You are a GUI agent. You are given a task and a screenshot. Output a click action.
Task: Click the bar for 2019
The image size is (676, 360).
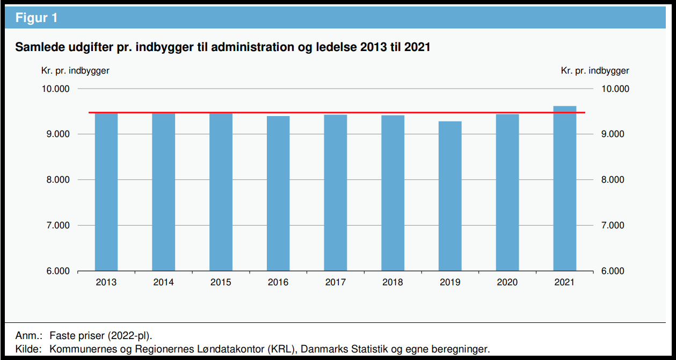(450, 196)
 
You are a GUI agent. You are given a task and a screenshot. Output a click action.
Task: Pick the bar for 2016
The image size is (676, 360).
(278, 193)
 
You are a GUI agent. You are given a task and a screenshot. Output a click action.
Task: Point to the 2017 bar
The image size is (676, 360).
(336, 193)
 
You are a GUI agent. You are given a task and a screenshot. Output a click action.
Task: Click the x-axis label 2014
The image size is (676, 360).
(163, 282)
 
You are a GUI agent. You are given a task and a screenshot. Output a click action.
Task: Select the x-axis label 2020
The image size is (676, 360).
(507, 282)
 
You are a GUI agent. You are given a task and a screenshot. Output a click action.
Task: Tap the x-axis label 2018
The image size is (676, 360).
(392, 282)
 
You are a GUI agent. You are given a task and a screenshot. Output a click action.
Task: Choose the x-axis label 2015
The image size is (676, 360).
(221, 282)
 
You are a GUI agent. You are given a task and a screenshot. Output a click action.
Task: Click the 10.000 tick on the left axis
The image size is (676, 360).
(55, 89)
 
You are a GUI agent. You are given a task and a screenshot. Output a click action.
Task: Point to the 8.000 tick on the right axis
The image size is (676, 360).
(613, 180)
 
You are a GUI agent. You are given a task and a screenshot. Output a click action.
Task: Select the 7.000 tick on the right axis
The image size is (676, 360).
(613, 226)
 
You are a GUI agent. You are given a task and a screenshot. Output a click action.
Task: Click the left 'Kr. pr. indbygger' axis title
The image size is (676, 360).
(75, 70)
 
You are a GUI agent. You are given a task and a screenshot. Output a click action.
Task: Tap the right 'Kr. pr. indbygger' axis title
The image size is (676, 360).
(595, 70)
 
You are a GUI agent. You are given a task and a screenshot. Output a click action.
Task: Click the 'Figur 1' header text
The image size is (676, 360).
(36, 18)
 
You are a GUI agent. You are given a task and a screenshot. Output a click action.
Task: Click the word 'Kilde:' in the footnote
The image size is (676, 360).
(28, 349)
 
